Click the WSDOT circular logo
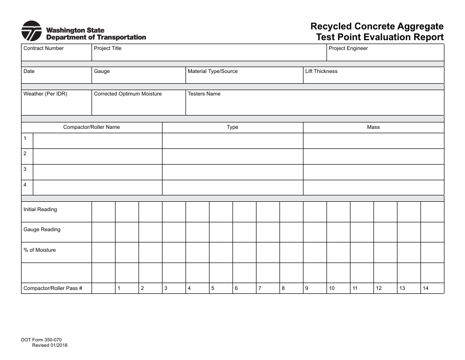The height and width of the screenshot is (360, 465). [32, 31]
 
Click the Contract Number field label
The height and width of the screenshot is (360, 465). [44, 48]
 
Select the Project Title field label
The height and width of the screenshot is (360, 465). [107, 48]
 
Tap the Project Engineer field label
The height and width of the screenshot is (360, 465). [348, 48]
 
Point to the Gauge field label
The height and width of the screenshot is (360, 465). [102, 72]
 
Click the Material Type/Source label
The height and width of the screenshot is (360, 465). [212, 72]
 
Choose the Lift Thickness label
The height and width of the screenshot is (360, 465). [321, 72]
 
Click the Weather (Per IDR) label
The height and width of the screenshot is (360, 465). [45, 94]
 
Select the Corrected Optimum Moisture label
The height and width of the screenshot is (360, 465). [127, 94]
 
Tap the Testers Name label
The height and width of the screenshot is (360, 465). [204, 94]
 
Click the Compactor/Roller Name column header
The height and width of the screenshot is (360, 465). [92, 127]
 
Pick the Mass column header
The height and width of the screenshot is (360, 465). [373, 127]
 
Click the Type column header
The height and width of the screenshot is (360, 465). [232, 127]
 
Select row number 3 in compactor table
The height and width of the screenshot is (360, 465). [25, 169]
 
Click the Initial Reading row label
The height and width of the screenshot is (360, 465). [40, 210]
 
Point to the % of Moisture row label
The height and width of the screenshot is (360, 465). [40, 250]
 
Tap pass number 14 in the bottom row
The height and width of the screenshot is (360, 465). [425, 288]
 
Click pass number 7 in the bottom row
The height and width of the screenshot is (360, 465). [259, 288]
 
